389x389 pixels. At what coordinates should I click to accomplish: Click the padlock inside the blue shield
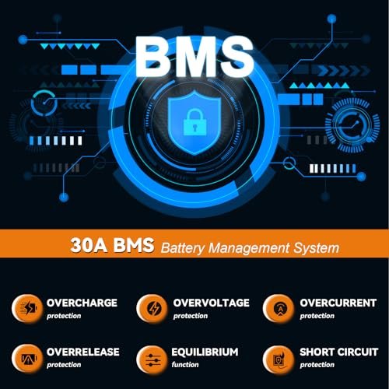pos(195,122)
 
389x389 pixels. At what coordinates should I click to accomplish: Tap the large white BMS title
pos(194,57)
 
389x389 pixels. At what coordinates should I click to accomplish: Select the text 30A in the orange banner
pos(89,245)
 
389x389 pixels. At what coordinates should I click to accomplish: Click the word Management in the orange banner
pos(249,248)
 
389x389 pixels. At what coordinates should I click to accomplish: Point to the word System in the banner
pos(317,248)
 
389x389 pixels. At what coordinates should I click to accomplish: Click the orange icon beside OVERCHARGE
pos(27,309)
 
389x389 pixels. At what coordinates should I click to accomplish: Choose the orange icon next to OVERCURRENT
pos(279,309)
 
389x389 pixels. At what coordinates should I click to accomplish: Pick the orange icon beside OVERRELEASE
pos(27,359)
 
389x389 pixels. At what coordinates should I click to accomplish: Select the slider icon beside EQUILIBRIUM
pos(152,359)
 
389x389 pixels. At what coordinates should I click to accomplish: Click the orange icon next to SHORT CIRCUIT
pos(279,359)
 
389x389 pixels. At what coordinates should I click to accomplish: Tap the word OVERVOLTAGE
pos(212,303)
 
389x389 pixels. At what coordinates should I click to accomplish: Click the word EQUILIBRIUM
pos(205,352)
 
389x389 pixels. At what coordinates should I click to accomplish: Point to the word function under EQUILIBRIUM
pos(185,365)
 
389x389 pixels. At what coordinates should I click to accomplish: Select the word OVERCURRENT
pos(338,303)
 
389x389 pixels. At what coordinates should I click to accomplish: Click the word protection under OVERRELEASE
pos(64,365)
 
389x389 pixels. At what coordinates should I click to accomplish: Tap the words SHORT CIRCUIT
pos(339,352)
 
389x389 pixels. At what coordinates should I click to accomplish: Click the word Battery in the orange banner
pos(183,248)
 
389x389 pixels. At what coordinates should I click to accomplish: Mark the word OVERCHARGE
pos(82,303)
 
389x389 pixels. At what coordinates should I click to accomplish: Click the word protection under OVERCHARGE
pos(64,316)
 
